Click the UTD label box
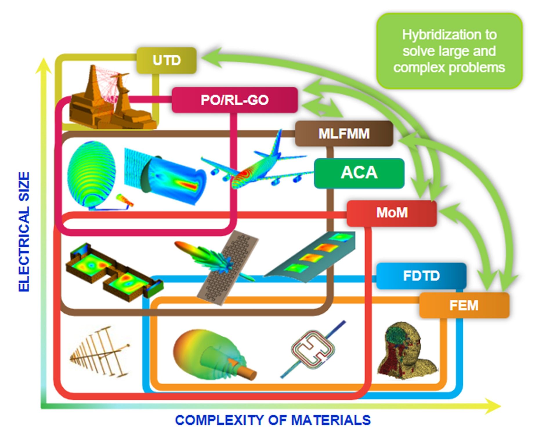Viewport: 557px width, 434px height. point(167,60)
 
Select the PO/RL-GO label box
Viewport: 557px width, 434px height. point(234,100)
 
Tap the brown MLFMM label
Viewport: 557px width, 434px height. point(344,134)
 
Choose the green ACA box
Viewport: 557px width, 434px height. point(359,173)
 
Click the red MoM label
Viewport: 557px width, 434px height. point(392,213)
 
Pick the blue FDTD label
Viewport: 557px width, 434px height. point(421,276)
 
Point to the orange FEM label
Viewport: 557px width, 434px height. point(464,305)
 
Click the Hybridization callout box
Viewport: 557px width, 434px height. point(449,51)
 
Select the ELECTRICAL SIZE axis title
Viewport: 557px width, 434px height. point(24,232)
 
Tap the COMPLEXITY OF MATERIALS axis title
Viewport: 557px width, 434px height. point(273,420)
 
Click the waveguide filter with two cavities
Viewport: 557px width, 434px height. point(113,271)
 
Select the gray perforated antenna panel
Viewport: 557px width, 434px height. point(228,267)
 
